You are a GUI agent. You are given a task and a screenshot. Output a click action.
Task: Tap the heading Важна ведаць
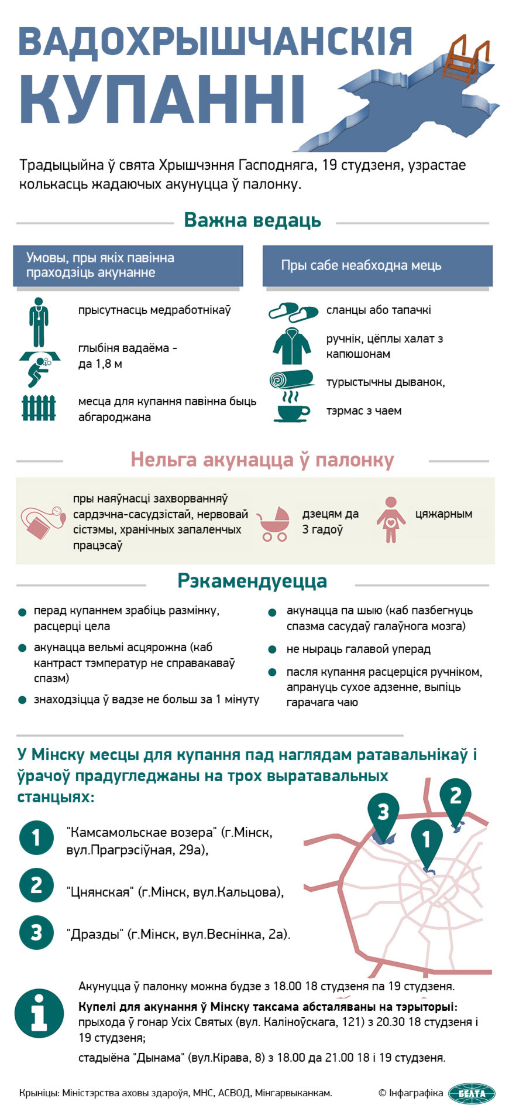[x=252, y=221]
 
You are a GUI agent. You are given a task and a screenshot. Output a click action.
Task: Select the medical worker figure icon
[x=39, y=321]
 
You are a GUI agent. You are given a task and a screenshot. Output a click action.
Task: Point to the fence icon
[x=39, y=408]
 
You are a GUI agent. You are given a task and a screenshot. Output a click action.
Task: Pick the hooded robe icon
[x=291, y=347]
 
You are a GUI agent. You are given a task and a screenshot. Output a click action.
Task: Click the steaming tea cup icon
[x=291, y=408]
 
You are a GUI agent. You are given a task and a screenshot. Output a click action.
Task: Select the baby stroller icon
[x=274, y=523]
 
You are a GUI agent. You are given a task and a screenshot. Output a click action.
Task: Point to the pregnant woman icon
[x=390, y=520]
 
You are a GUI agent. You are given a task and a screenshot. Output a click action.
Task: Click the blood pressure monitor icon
[x=43, y=523]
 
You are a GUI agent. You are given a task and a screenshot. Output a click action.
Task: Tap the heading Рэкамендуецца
[x=252, y=581]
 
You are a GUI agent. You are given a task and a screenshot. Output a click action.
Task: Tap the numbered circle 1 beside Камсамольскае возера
[x=36, y=837]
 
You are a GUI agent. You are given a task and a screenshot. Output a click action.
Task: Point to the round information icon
[x=39, y=1014]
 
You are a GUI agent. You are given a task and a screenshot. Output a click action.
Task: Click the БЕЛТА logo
[x=472, y=1093]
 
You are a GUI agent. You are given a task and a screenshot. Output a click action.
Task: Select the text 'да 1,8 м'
[x=100, y=364]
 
